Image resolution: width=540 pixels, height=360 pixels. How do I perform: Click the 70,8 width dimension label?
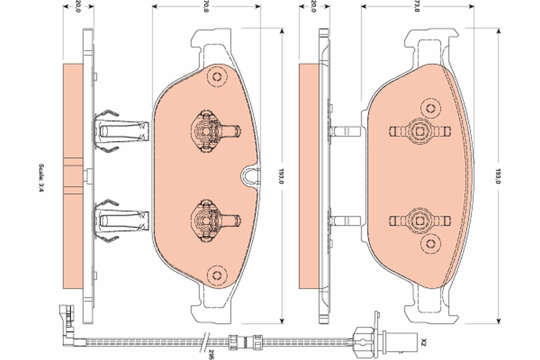tap(206, 6)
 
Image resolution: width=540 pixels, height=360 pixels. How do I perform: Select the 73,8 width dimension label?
tap(417, 6)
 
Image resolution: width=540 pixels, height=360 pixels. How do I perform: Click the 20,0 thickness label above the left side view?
tap(78, 6)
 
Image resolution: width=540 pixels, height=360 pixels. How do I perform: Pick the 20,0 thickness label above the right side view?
tap(314, 6)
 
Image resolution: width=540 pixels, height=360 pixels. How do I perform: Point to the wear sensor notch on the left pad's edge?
tap(250, 175)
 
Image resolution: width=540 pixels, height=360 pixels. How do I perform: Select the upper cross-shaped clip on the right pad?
tap(419, 131)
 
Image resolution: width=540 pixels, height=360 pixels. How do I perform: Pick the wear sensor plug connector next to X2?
tap(367, 338)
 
